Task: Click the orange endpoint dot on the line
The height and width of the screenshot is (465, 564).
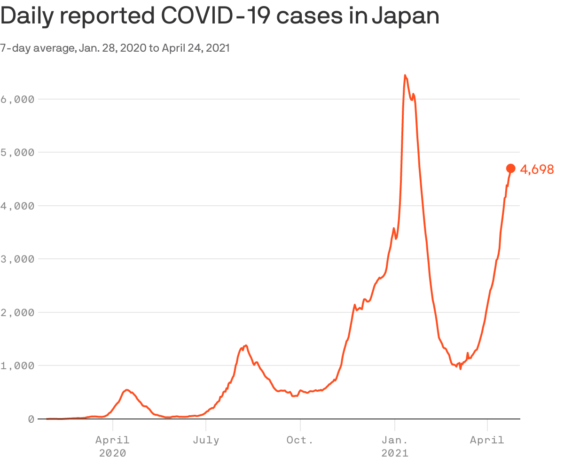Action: [x=511, y=169]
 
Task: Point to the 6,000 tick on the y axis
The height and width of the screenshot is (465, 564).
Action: [x=17, y=99]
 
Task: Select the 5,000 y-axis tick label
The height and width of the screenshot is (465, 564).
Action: [x=17, y=152]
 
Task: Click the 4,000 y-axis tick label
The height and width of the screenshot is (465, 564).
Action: [x=17, y=206]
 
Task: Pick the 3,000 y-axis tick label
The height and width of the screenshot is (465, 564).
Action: [x=17, y=259]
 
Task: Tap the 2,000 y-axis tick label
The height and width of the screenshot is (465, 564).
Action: [x=17, y=312]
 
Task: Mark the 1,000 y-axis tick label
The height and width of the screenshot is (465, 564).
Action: [x=17, y=365]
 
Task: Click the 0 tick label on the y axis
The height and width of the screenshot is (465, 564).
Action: [x=31, y=418]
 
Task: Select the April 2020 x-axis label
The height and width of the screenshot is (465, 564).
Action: [x=112, y=446]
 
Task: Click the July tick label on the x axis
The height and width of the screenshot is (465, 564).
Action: [x=206, y=440]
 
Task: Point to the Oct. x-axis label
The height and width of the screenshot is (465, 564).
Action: [x=300, y=440]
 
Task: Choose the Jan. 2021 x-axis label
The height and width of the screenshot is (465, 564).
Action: [x=395, y=446]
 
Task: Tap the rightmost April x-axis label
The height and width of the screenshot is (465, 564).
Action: [x=487, y=440]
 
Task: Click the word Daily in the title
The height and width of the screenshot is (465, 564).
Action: [x=28, y=17]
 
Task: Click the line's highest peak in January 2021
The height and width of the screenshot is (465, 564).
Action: [x=405, y=75]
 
